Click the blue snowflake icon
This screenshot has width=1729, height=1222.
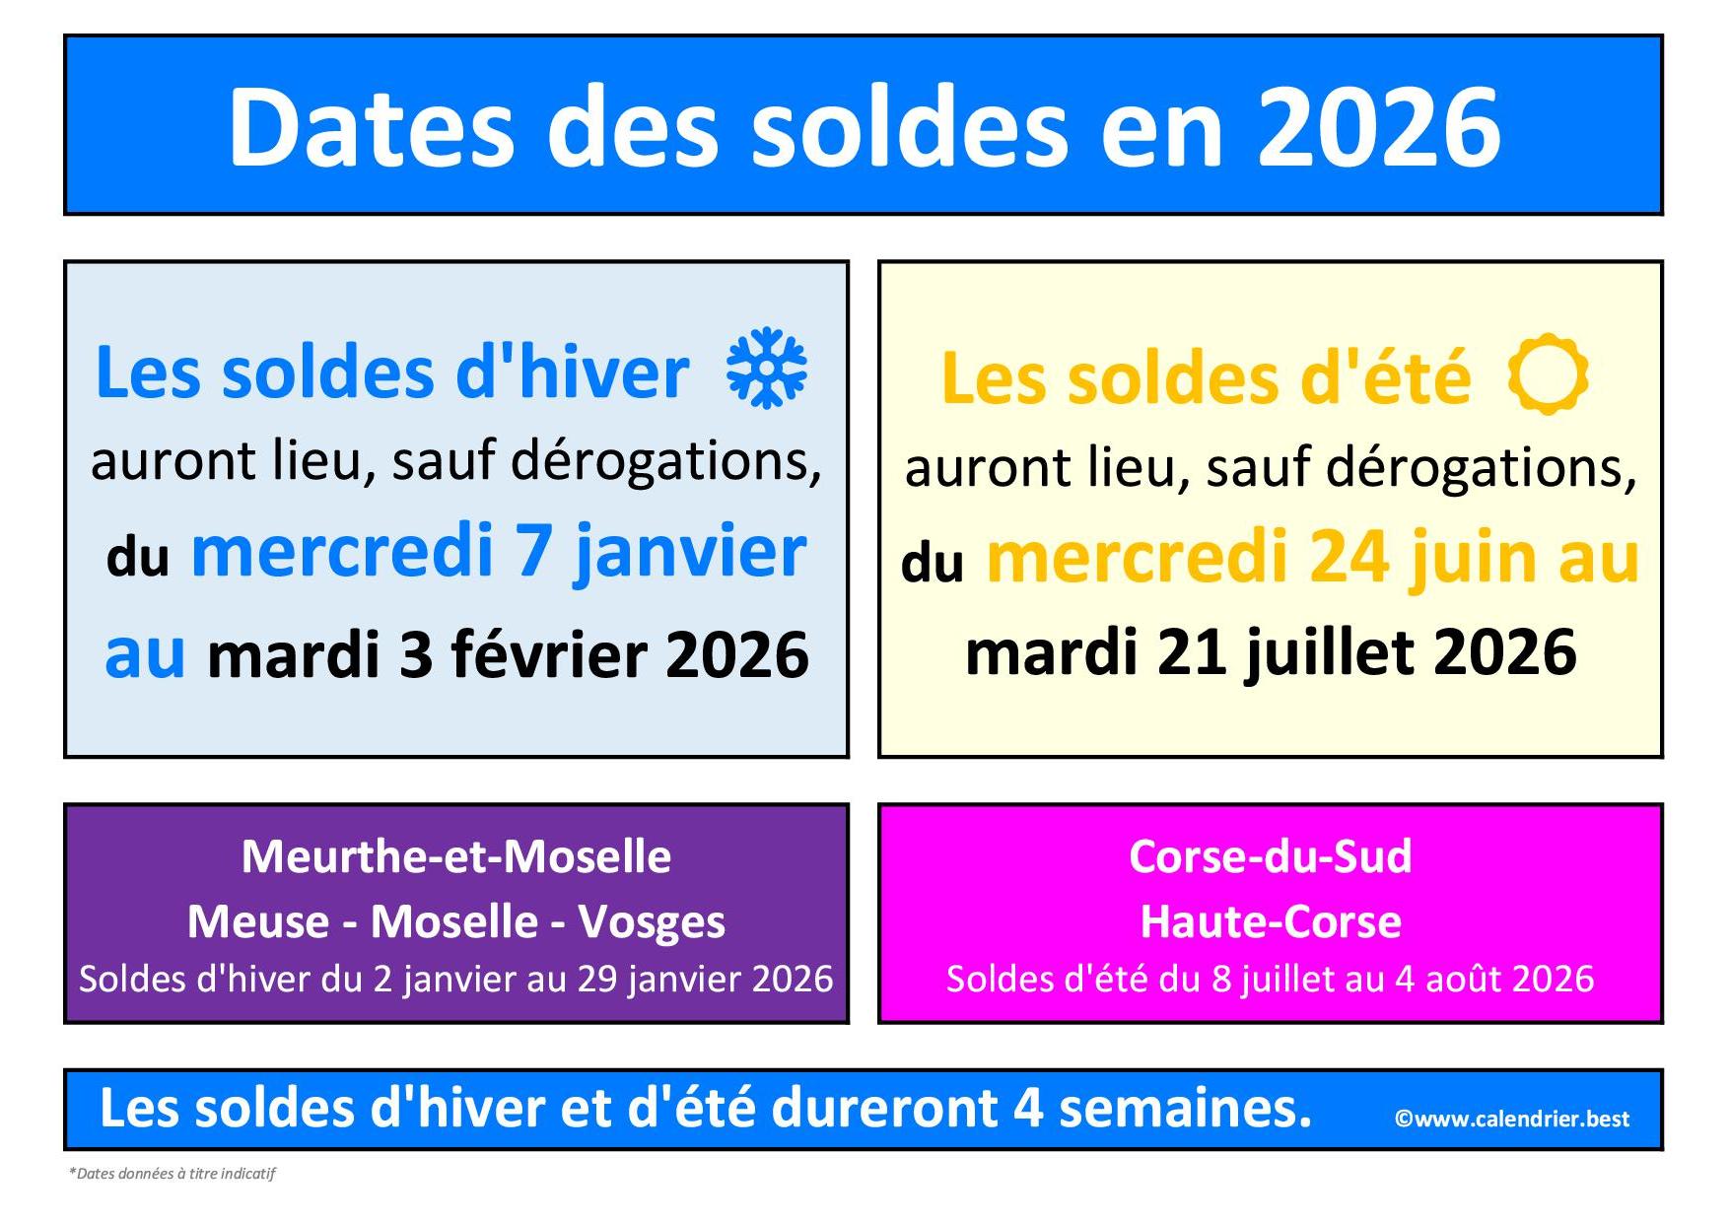click(x=766, y=369)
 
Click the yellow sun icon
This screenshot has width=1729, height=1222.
click(x=1548, y=374)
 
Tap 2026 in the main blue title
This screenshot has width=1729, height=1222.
click(x=1379, y=126)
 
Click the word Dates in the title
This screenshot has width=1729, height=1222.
click(x=373, y=126)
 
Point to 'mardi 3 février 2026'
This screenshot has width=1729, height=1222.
click(x=508, y=654)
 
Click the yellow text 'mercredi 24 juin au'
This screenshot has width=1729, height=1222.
click(x=1313, y=558)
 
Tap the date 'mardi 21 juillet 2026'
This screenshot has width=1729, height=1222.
click(x=1271, y=652)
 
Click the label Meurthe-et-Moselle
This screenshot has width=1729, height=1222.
click(x=456, y=856)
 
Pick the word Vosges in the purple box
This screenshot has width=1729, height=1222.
click(x=652, y=922)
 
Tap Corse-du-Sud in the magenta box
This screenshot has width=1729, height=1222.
click(x=1270, y=856)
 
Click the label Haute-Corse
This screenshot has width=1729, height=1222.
click(x=1271, y=921)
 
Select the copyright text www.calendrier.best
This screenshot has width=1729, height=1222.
click(x=1511, y=1119)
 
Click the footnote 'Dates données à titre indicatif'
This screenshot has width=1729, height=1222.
click(x=173, y=1173)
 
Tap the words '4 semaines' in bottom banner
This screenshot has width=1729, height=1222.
click(x=1162, y=1108)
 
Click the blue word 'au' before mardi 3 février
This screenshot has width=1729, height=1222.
click(x=145, y=653)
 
